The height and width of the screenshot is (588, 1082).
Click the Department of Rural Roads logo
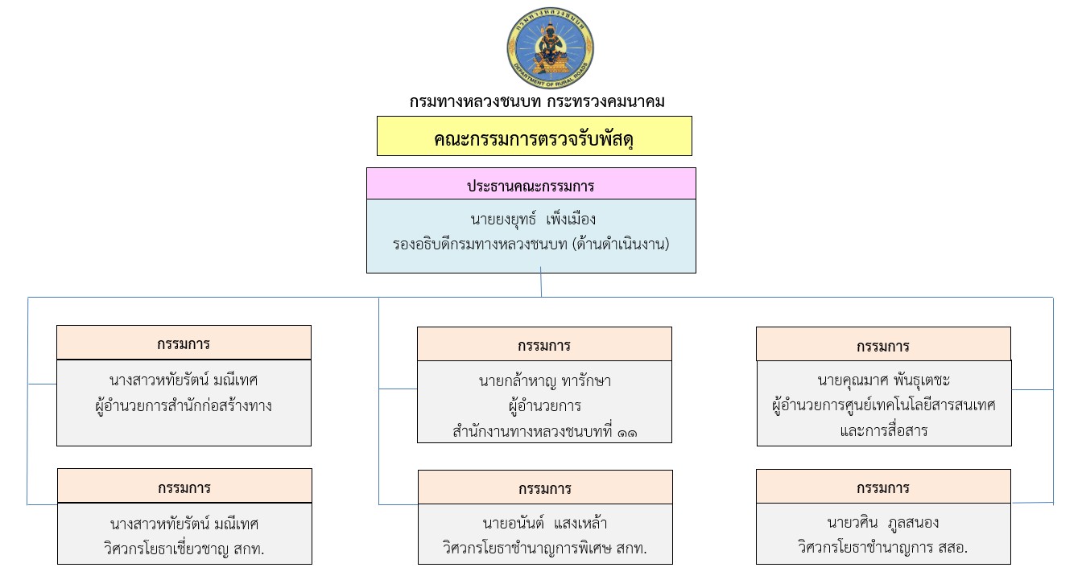tap(550, 49)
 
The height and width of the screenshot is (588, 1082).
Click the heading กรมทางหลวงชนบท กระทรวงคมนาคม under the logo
tap(537, 102)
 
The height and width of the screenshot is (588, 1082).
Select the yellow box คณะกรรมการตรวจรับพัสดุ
tap(535, 137)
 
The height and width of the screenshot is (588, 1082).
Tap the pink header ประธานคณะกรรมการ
tap(531, 186)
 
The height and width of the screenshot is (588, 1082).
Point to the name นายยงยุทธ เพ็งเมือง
tap(533, 219)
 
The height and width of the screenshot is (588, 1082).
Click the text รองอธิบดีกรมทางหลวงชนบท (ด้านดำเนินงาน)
tap(531, 244)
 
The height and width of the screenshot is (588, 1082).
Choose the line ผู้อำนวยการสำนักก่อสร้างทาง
tap(183, 405)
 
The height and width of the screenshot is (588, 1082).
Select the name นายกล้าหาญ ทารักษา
tap(544, 380)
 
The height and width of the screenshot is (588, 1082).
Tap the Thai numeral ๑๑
tap(627, 432)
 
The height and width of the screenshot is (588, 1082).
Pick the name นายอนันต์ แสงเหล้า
tap(544, 524)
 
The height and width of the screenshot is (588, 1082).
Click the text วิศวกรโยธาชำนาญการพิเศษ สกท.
tap(545, 549)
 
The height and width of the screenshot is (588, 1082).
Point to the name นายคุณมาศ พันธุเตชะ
tap(883, 380)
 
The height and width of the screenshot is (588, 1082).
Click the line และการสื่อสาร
tap(883, 430)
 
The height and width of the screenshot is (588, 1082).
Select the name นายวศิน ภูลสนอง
tap(883, 523)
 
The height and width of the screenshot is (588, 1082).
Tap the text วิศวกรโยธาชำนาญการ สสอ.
tap(883, 548)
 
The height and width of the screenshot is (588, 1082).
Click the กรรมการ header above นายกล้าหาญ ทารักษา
tap(544, 346)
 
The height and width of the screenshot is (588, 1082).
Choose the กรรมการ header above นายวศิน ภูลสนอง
tap(883, 487)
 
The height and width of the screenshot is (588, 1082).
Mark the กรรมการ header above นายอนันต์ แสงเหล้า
tap(545, 488)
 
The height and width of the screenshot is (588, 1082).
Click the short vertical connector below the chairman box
tap(541, 285)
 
